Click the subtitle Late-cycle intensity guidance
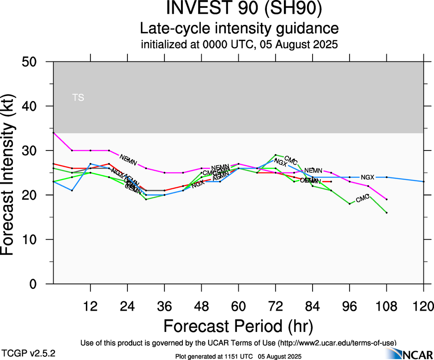tap(239, 29)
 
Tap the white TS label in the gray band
tap(78, 97)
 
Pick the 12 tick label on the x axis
tap(90, 306)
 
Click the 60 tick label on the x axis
tap(238, 306)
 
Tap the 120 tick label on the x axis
tap(424, 306)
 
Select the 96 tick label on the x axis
tap(350, 306)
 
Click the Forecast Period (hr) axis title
tap(238, 326)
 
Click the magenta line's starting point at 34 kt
tap(54, 133)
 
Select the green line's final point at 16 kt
tap(386, 213)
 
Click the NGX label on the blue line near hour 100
tap(368, 177)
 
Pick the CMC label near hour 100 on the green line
tap(362, 198)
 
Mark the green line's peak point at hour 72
tap(276, 155)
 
